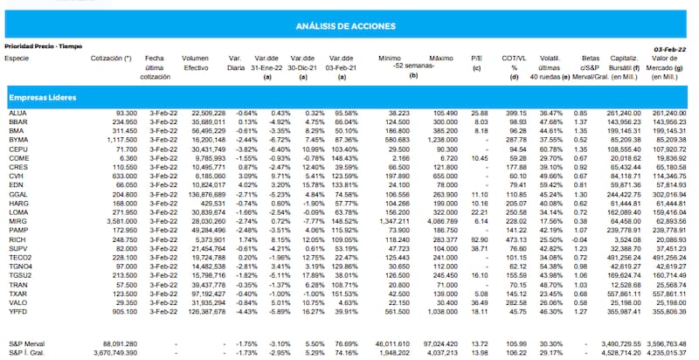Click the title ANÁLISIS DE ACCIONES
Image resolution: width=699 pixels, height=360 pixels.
349,26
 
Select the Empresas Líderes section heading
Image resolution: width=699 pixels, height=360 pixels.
41,96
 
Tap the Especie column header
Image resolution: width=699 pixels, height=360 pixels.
17,58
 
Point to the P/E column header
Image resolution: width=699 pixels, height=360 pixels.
477,58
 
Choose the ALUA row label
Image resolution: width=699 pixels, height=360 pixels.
17,114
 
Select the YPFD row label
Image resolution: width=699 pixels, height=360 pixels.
17,310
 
